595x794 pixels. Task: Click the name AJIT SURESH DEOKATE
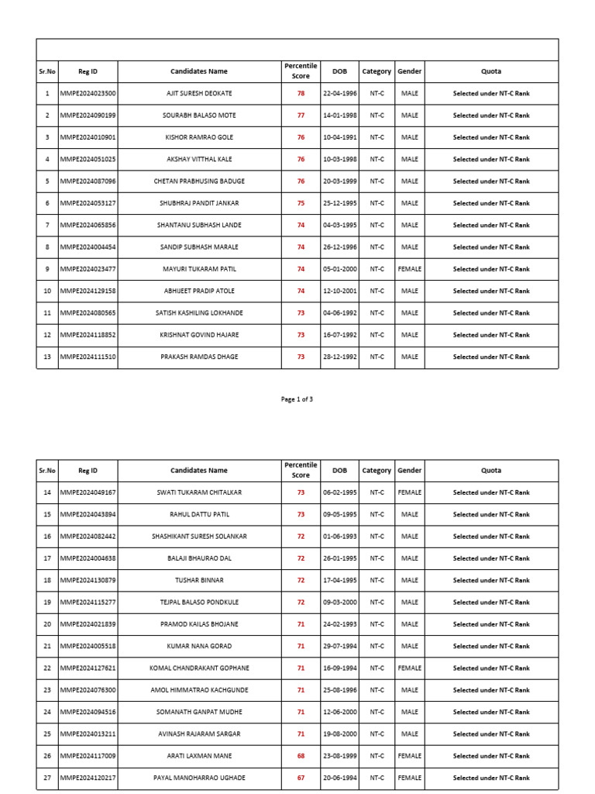pyautogui.click(x=199, y=93)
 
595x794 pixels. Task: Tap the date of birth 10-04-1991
pyautogui.click(x=339, y=137)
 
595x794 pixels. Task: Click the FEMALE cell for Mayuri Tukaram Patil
pyautogui.click(x=409, y=269)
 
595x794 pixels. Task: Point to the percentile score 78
pyautogui.click(x=301, y=93)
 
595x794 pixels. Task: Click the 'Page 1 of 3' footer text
pyautogui.click(x=297, y=399)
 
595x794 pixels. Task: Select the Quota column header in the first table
pyautogui.click(x=490, y=71)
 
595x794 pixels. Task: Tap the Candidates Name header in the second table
pyautogui.click(x=199, y=470)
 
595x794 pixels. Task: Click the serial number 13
pyautogui.click(x=47, y=357)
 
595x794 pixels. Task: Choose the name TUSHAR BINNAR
pyautogui.click(x=199, y=580)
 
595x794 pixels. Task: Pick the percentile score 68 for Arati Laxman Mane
pyautogui.click(x=301, y=756)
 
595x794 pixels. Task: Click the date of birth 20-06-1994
pyautogui.click(x=339, y=778)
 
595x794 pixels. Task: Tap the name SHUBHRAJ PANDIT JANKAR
pyautogui.click(x=199, y=203)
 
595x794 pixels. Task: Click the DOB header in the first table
pyautogui.click(x=339, y=71)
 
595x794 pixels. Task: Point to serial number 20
pyautogui.click(x=47, y=624)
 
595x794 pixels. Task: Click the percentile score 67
pyautogui.click(x=301, y=778)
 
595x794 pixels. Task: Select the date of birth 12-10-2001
pyautogui.click(x=339, y=291)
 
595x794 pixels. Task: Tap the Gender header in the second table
pyautogui.click(x=409, y=470)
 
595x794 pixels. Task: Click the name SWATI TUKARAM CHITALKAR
pyautogui.click(x=199, y=492)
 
